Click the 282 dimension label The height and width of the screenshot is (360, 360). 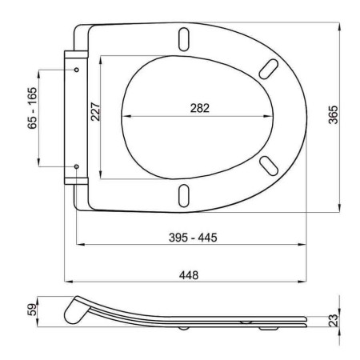click(200, 108)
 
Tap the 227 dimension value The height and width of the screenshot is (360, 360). click(95, 112)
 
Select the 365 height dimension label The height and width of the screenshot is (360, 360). click(333, 115)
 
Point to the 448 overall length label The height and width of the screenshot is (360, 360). click(189, 275)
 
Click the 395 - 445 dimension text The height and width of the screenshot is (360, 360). click(193, 238)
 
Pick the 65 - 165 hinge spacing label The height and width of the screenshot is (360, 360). click(32, 108)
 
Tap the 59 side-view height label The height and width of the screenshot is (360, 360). click(32, 310)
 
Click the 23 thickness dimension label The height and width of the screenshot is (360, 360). click(333, 320)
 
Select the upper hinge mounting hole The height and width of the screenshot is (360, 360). click(77, 70)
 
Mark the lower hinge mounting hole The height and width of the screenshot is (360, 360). click(77, 166)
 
